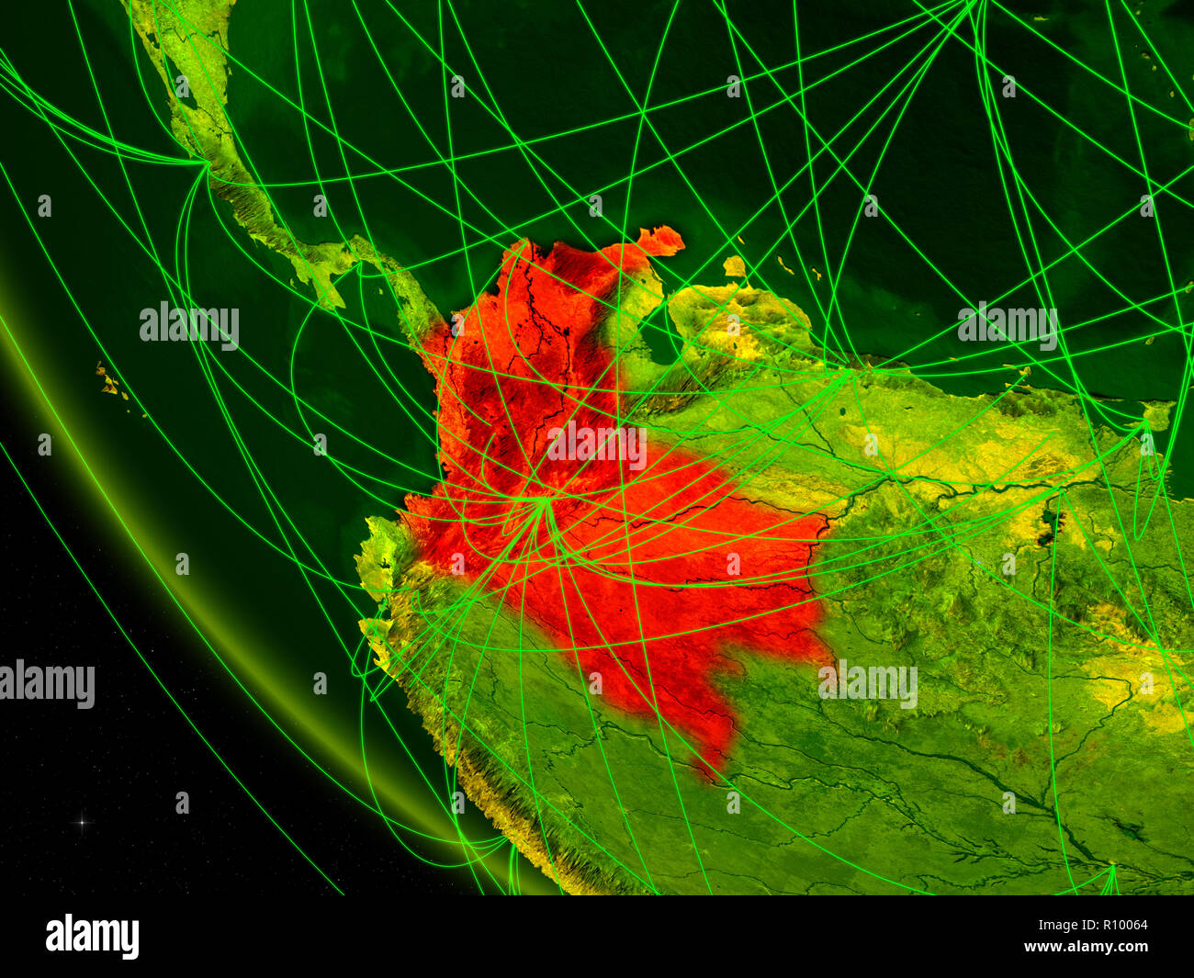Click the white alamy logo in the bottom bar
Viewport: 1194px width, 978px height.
pos(92,936)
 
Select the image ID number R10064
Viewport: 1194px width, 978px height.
pos(1117,926)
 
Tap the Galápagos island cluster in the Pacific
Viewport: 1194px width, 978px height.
pos(110,381)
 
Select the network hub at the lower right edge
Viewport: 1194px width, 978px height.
pos(1111,868)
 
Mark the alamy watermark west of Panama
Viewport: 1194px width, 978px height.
pos(189,324)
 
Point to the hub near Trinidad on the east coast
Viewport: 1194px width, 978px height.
pos(1143,424)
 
